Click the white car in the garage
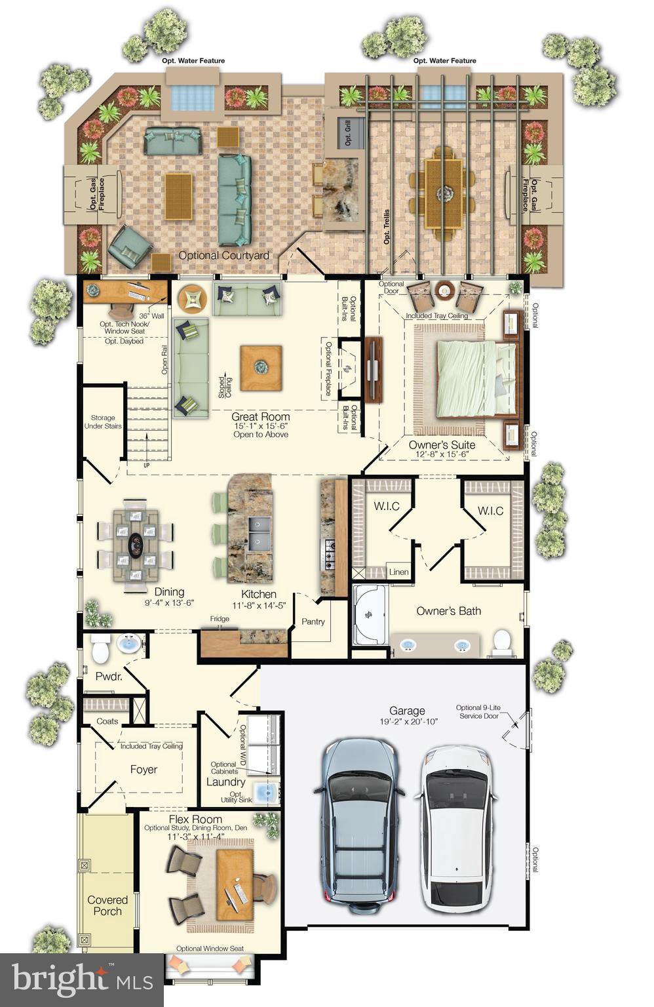(457, 829)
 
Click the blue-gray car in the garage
(360, 826)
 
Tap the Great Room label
(260, 417)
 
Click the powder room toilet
(100, 649)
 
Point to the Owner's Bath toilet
(502, 642)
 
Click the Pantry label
(313, 622)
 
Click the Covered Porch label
(107, 905)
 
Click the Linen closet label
(398, 572)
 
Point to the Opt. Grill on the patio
(348, 134)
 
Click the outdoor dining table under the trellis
(444, 192)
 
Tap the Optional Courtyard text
(223, 255)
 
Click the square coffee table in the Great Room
(261, 368)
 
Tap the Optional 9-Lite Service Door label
(478, 711)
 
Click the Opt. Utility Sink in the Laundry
(267, 793)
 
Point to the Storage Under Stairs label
(103, 422)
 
